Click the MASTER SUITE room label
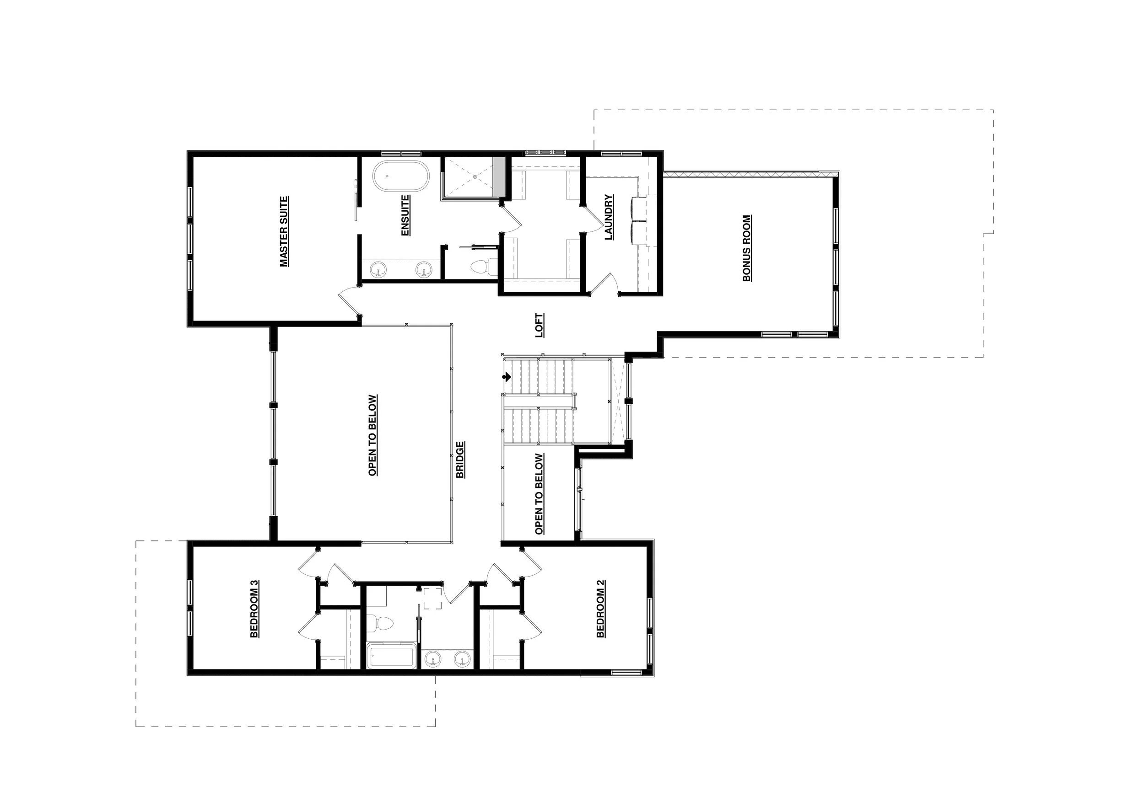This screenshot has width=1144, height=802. pyautogui.click(x=284, y=231)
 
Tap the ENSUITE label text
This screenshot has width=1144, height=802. pyautogui.click(x=405, y=215)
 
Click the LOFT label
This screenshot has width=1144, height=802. pyautogui.click(x=540, y=325)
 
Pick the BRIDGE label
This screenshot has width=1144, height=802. pyautogui.click(x=460, y=460)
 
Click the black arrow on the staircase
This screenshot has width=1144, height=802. pyautogui.click(x=507, y=377)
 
